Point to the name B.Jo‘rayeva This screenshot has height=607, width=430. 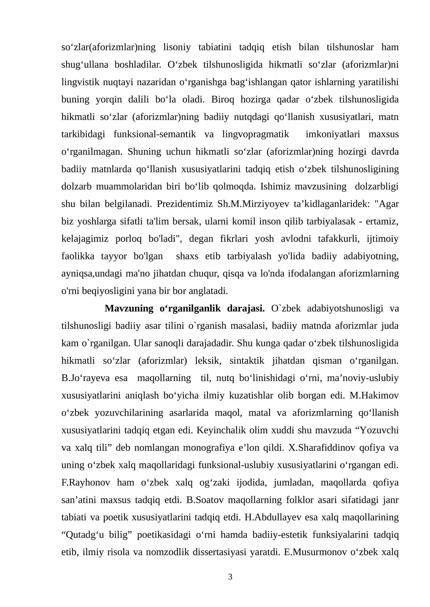coord(85,378)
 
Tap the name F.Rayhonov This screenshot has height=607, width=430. coord(86,482)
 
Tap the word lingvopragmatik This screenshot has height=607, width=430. coord(255,134)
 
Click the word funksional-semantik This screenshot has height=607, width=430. coord(155,134)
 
